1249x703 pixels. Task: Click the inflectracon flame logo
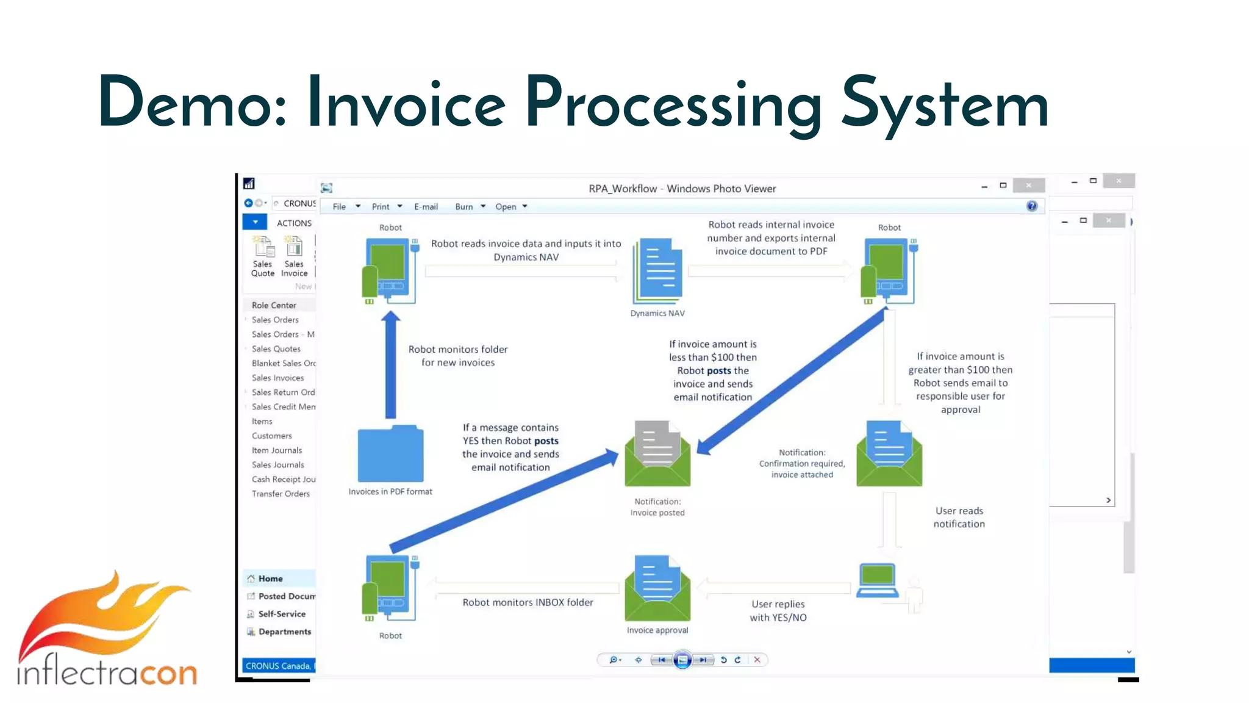point(107,629)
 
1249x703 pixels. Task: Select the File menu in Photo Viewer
point(340,207)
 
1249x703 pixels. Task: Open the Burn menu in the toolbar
point(464,207)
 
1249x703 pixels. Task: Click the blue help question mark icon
point(1031,206)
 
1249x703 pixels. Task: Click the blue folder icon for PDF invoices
point(390,454)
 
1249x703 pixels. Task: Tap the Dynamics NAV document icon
point(657,271)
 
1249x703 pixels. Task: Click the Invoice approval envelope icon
point(657,588)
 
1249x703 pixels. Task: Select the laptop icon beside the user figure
point(877,581)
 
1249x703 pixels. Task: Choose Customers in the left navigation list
point(272,436)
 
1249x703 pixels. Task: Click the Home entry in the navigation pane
point(270,579)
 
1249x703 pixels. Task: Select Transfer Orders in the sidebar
point(281,494)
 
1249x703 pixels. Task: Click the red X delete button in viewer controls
point(757,660)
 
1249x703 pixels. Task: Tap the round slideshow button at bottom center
point(682,660)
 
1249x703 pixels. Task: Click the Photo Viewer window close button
point(1028,186)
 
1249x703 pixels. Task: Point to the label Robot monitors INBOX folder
point(528,602)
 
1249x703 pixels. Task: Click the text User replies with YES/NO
point(778,610)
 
